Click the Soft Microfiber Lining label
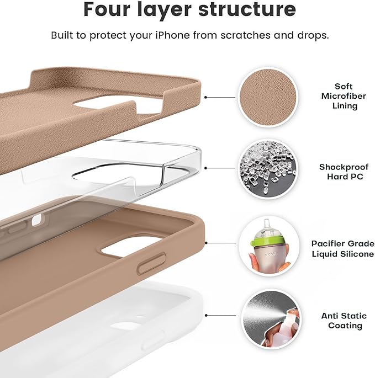[344, 96]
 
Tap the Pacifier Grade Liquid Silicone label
[342, 248]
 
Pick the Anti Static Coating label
[344, 321]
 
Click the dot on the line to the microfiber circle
[205, 97]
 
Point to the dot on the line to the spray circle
[205, 316]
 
